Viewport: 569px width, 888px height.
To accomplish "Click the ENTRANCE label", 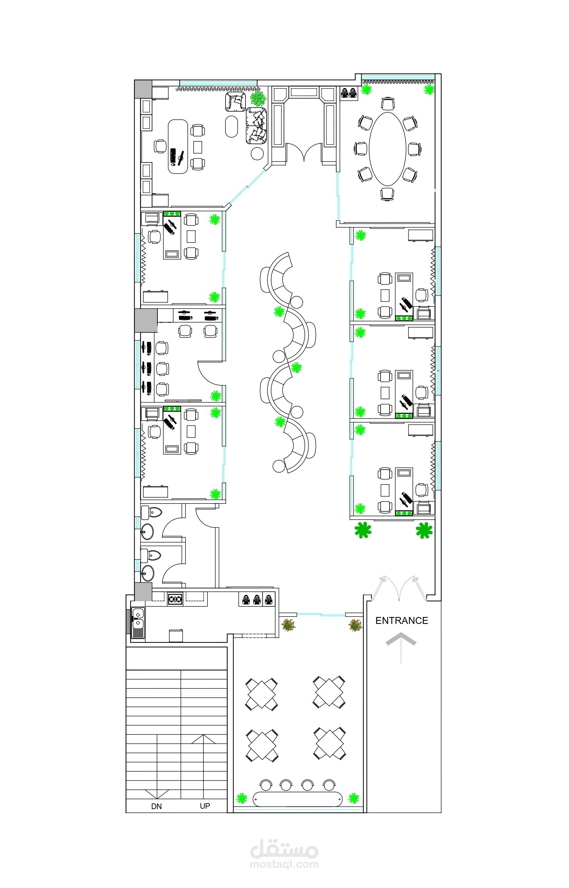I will click(402, 621).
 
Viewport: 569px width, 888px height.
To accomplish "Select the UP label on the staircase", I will click(205, 806).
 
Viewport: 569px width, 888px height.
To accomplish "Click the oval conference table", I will click(388, 149).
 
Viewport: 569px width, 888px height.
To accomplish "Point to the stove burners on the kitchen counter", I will click(175, 599).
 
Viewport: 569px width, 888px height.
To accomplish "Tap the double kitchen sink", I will click(138, 619).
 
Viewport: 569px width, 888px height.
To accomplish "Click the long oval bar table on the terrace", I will click(297, 799).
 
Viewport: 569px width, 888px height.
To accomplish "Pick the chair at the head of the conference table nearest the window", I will click(388, 103).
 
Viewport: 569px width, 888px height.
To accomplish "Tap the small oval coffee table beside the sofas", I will click(231, 126).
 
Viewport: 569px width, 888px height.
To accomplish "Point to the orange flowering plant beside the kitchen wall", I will click(288, 625).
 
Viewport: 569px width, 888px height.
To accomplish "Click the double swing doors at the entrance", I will click(400, 588).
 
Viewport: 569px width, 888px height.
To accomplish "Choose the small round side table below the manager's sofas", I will click(257, 153).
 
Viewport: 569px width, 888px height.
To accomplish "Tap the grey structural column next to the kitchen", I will click(143, 592).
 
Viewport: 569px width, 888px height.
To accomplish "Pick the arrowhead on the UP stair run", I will click(203, 739).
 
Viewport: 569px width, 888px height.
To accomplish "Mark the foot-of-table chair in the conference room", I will click(388, 194).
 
